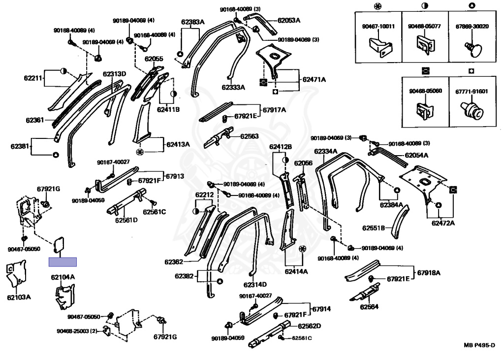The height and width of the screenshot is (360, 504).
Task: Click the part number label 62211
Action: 33,78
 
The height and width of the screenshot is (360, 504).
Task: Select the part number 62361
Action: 35,121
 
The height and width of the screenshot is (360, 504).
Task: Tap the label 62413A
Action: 178,144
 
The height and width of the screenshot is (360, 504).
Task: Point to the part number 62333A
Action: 233,87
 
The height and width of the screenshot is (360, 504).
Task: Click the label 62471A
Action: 314,79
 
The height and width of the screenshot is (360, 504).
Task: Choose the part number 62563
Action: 250,136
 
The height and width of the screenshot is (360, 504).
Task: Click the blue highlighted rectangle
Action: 63,262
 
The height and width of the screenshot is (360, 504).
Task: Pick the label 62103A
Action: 19,297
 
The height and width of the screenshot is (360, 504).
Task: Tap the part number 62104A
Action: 63,277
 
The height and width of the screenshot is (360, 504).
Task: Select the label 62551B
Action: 374,228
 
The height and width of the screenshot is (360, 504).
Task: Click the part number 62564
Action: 369,307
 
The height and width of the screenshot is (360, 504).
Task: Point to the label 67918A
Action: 429,273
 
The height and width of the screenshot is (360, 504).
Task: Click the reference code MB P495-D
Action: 479,346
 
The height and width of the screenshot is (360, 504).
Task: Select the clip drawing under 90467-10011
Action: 380,47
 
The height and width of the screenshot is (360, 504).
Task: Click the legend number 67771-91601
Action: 472,92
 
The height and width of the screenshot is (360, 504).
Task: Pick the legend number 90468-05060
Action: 425,91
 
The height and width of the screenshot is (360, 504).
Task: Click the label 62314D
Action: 255,285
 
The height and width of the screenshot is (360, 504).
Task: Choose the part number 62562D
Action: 309,326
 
